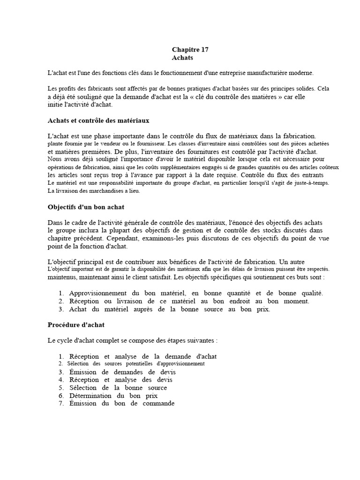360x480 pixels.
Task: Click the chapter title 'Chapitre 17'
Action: [190, 49]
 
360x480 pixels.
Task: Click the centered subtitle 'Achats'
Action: [182, 58]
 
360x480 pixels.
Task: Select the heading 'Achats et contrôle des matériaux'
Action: [98, 120]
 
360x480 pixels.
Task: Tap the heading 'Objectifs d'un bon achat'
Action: [86, 207]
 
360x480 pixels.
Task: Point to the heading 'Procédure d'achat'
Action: [76, 324]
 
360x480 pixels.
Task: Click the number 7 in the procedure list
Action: [61, 403]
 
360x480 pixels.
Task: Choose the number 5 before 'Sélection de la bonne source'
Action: [61, 388]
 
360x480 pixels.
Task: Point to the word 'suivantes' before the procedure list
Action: [200, 340]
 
